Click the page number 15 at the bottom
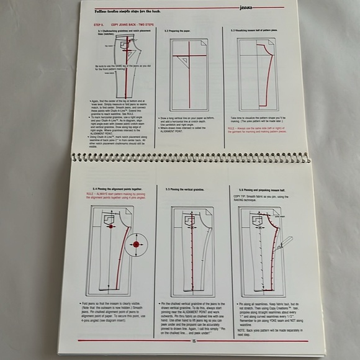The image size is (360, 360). click(194, 340)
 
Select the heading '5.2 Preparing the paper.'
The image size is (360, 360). click(180, 30)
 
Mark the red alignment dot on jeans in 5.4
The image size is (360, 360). click(111, 227)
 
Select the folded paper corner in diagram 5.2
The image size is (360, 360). click(203, 43)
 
